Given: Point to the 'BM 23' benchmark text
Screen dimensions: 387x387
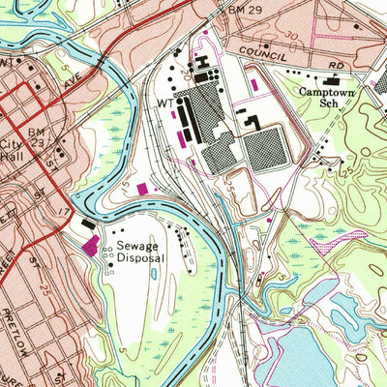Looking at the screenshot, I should (x=37, y=135).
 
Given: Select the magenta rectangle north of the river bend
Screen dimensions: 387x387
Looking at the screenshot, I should (x=145, y=189).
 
